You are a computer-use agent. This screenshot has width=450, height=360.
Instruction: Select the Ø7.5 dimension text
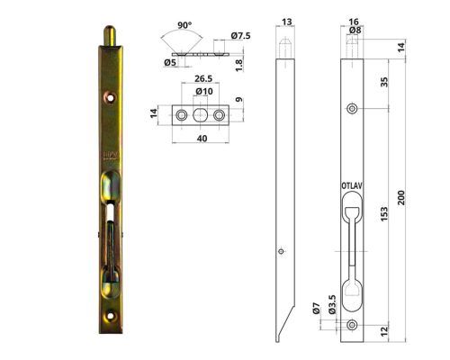pyautogui.click(x=240, y=35)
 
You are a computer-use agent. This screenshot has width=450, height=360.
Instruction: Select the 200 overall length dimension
pyautogui.click(x=413, y=197)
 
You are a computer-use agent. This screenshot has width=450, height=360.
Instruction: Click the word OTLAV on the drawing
pyautogui.click(x=352, y=186)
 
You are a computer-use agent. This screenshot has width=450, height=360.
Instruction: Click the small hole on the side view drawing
pyautogui.click(x=282, y=251)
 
